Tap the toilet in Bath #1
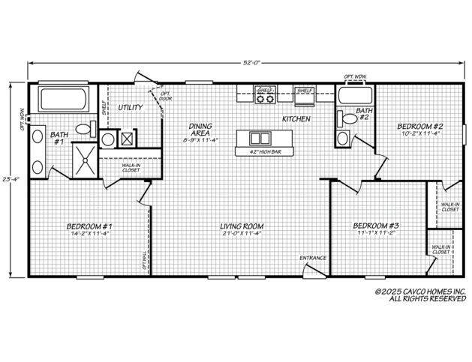85,130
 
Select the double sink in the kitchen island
259,138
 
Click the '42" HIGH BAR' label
260,151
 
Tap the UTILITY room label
131,108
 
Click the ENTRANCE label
313,258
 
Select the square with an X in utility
127,139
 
